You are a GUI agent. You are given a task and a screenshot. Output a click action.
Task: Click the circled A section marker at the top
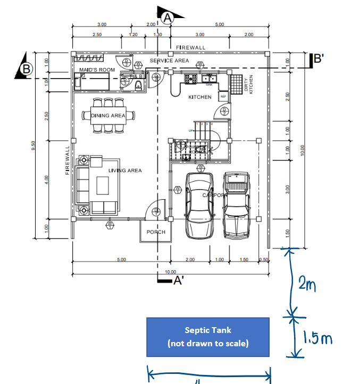(168, 18)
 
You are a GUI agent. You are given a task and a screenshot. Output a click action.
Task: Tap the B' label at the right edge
(318, 59)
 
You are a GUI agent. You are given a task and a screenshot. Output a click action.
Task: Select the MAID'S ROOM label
(97, 70)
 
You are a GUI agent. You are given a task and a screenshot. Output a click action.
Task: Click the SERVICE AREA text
(169, 61)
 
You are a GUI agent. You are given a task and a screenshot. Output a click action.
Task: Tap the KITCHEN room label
(200, 97)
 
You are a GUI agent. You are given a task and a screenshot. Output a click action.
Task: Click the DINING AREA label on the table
(108, 116)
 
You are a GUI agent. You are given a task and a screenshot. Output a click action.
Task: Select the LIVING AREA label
(125, 170)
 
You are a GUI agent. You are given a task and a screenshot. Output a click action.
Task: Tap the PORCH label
(156, 232)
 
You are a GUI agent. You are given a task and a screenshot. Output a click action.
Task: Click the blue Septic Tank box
(208, 337)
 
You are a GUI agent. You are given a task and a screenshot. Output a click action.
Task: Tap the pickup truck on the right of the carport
(237, 204)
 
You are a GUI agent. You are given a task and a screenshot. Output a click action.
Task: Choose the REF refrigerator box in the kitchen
(223, 97)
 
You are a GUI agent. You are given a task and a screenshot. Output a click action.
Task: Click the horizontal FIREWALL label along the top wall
(190, 48)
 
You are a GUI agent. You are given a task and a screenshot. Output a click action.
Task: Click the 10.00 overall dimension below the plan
(170, 271)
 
